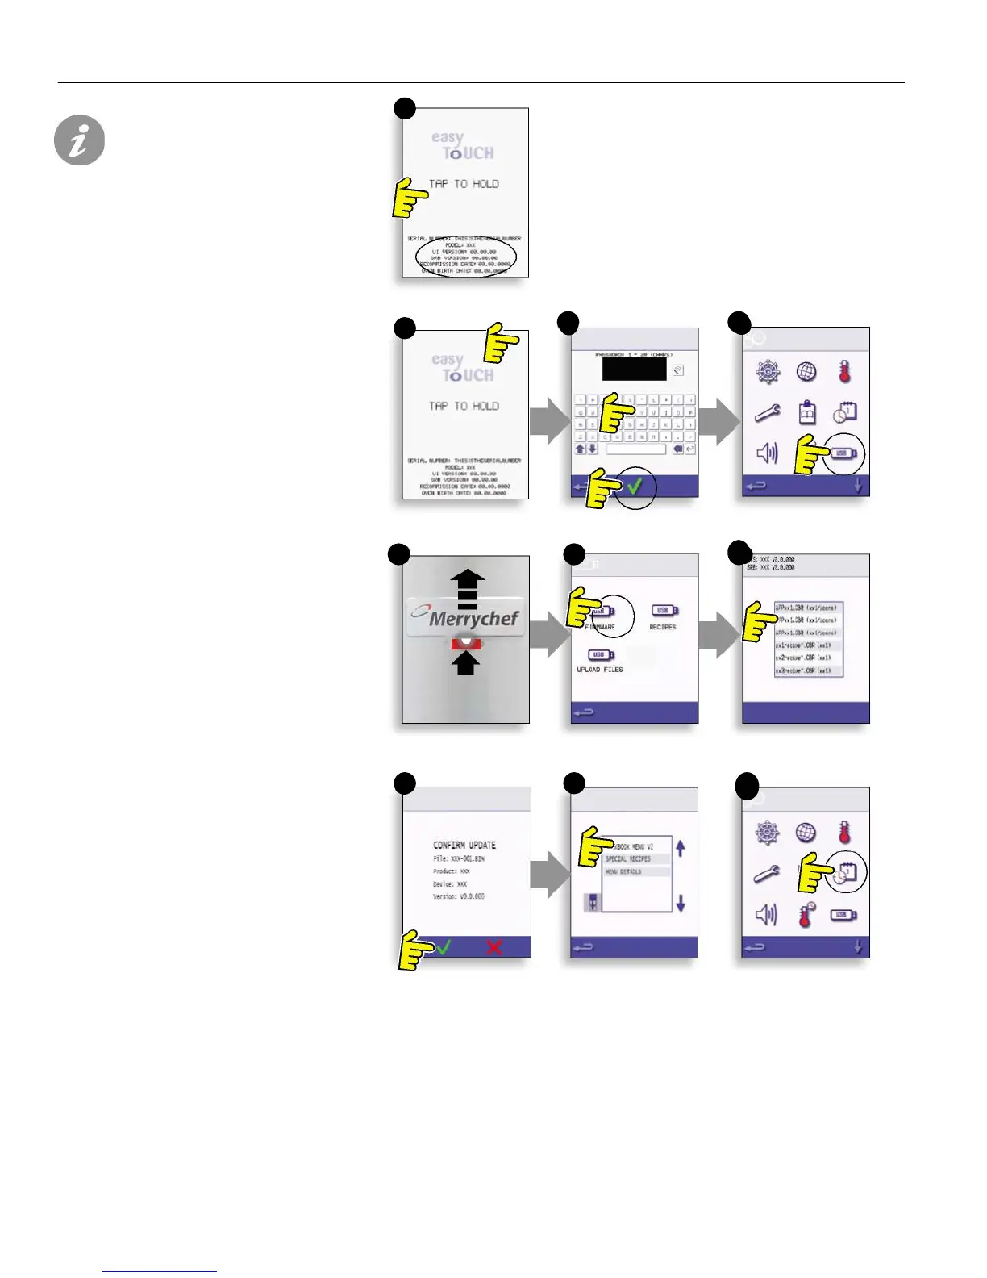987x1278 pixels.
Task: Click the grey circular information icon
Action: [79, 140]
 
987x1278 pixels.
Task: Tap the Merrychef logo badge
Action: [467, 619]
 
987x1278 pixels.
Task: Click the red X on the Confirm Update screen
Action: [494, 947]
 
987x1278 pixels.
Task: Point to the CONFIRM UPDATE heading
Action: [464, 845]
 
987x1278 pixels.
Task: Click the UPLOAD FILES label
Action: [600, 670]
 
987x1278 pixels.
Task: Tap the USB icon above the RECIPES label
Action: [664, 611]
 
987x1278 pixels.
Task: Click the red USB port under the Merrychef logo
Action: [467, 643]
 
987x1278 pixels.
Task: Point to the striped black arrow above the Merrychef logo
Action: [468, 589]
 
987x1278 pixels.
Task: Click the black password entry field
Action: [634, 370]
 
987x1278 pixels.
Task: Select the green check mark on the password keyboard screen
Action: [635, 487]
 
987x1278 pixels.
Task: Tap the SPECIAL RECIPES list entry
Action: [628, 859]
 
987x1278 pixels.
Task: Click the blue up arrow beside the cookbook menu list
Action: [681, 848]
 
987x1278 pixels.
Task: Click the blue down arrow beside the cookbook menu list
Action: [681, 903]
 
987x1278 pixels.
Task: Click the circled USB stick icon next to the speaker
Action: [843, 453]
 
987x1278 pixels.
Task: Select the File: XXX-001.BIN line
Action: [458, 859]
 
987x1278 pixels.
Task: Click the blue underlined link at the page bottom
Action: [160, 1271]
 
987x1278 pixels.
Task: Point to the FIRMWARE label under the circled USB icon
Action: [600, 627]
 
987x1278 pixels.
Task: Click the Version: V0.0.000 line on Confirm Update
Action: [458, 896]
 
